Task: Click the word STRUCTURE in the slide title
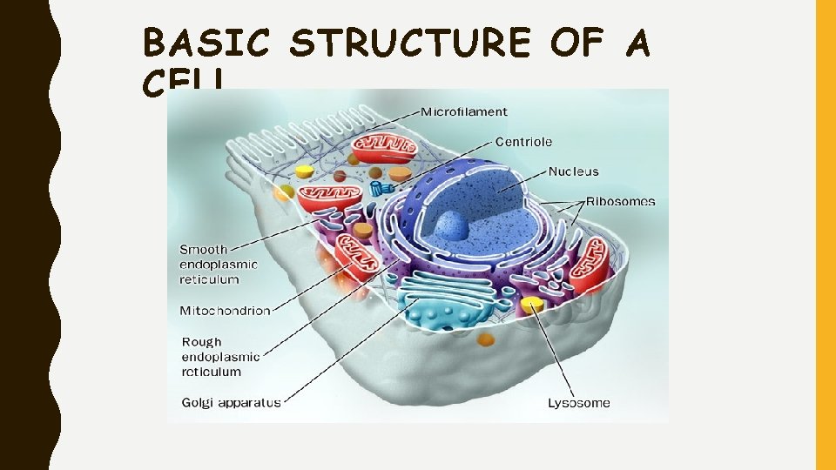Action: [409, 43]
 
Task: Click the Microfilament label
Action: [464, 111]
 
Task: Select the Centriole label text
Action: [523, 141]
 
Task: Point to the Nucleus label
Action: [573, 171]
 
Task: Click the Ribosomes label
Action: [620, 201]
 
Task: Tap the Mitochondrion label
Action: [225, 310]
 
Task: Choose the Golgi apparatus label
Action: [231, 402]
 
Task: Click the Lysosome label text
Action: [578, 402]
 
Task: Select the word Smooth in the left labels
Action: [204, 250]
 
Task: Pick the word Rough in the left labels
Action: [202, 342]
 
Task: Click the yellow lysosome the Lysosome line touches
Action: [532, 305]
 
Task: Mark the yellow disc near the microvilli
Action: [303, 172]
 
